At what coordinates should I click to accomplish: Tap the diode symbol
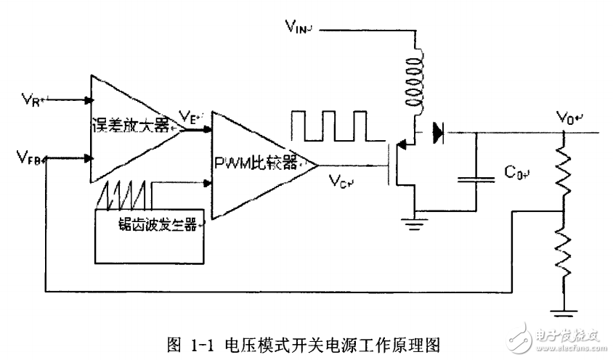437,132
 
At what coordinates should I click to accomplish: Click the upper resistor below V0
564,171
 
